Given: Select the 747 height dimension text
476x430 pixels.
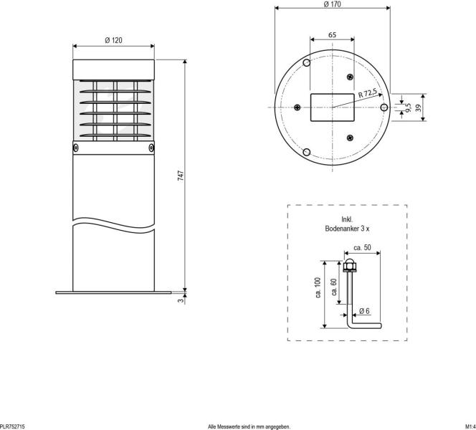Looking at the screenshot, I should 181,175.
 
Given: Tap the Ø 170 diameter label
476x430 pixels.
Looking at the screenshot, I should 332,4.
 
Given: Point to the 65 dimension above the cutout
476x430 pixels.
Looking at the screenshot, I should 333,34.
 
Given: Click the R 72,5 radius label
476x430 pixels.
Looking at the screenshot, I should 367,93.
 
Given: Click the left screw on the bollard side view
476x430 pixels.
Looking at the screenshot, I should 76,148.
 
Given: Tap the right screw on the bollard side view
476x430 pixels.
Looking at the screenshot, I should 151,148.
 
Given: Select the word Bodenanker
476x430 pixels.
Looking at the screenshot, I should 342,227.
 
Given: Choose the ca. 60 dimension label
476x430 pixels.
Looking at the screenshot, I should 334,287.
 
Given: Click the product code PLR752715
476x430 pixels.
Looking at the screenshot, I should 13,426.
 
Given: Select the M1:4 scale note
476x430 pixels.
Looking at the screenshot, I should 470,426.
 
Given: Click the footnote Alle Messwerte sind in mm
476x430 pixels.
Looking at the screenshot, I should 249,426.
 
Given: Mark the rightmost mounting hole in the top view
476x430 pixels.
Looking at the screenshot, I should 384,107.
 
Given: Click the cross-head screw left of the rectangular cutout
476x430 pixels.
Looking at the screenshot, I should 297,107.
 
